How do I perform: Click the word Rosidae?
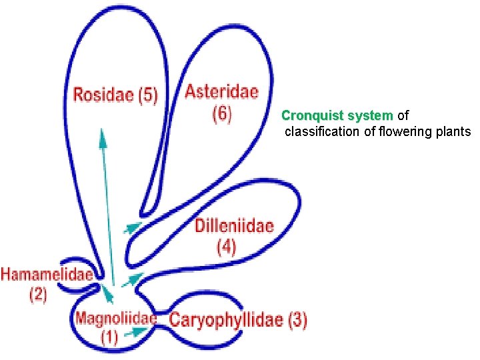point(103,95)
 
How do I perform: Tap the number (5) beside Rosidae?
point(147,95)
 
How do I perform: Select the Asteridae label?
point(221,91)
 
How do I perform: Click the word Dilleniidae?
point(234,226)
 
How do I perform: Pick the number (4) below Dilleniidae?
point(227,247)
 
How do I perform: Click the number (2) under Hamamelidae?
point(37,294)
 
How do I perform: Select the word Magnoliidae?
point(115,319)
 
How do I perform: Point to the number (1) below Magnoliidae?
point(109,338)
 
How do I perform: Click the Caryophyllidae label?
point(227,320)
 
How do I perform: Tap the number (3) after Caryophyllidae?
point(297,320)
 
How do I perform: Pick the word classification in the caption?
point(323,131)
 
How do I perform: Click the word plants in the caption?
point(454,131)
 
